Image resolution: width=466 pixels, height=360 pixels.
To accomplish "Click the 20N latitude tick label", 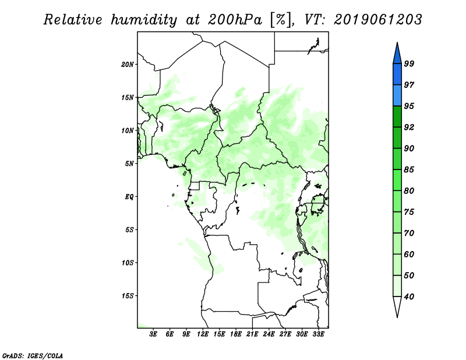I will pos(128,64).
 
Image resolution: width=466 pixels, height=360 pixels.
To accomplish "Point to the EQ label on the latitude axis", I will pos(129,197).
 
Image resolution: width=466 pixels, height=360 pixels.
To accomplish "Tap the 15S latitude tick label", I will pos(128,296).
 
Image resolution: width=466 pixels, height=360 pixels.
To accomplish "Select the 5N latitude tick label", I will pos(129,164).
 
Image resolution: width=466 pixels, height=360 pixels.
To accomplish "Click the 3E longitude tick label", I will pos(153,334).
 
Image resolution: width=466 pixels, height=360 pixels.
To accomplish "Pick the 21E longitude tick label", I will pos(252,334).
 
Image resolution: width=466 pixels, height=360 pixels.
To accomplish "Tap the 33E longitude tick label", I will pos(318,334).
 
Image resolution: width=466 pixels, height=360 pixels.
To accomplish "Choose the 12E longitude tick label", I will pos(203,334).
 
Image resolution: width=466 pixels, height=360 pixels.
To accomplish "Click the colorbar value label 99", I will pos(409,63).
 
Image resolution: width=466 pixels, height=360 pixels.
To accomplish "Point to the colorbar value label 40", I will pos(409,297).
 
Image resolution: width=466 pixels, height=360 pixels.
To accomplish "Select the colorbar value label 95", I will pos(409,106).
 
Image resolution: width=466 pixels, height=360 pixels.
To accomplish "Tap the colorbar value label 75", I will pos(409,212).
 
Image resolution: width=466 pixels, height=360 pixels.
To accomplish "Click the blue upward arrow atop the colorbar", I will pos(397,53).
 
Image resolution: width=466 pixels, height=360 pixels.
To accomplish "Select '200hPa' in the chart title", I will pos(232,20).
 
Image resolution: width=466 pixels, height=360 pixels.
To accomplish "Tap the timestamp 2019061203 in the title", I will pos(378,20).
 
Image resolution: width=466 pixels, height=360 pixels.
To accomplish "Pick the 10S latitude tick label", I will pos(128,263).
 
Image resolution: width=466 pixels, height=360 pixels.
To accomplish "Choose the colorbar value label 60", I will pos(409,255).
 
